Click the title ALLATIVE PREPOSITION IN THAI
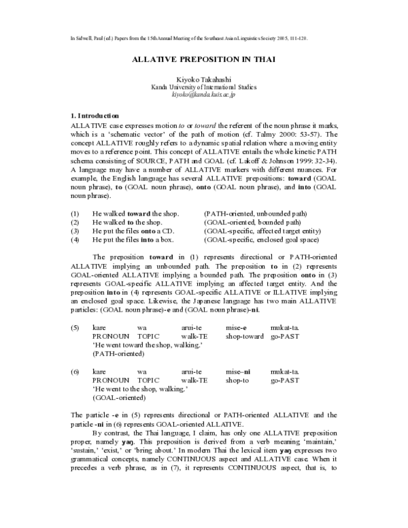coord(203,59)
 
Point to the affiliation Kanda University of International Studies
coord(204,88)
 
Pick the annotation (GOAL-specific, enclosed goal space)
coord(262,240)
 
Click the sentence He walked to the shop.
coord(127,222)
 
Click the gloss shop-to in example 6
coord(236,380)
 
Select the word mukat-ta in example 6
coord(284,372)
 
